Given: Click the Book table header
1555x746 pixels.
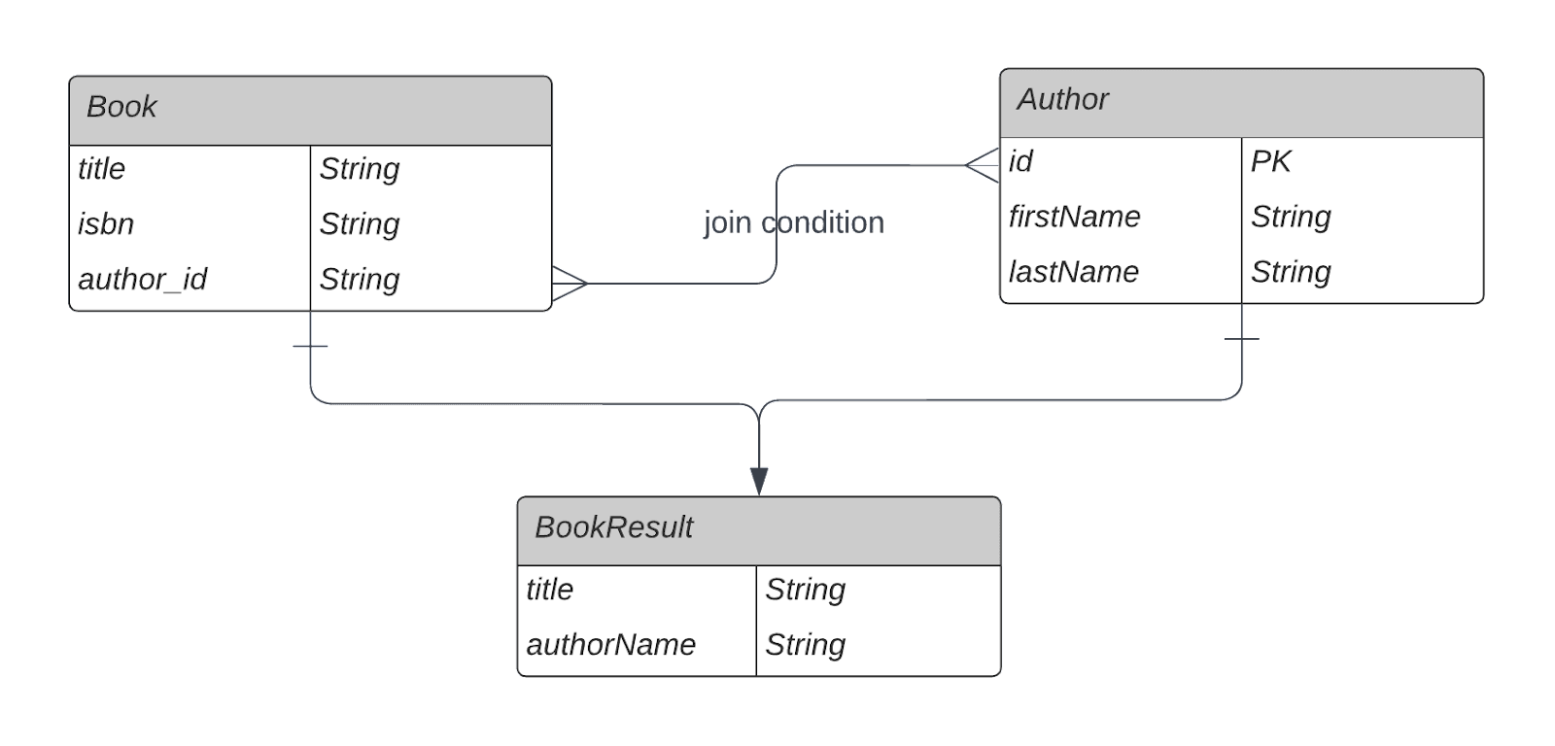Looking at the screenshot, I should [121, 107].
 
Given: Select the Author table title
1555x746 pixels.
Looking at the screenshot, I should [1062, 99].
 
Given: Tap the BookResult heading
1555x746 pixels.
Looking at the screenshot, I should [613, 527].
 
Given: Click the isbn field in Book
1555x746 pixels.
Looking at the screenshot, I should [106, 224].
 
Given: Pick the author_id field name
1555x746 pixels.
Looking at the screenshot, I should [142, 280].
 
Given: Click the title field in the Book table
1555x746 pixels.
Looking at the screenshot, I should [101, 169].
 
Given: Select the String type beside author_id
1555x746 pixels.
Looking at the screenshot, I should [360, 280].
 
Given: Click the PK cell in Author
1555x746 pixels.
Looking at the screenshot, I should [1270, 161].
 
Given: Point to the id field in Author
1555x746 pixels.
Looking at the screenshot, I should [1020, 161].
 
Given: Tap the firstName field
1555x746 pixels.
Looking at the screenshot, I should [1074, 217].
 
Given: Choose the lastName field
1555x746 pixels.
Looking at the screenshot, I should [1073, 272].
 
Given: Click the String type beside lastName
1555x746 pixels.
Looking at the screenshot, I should [1291, 272].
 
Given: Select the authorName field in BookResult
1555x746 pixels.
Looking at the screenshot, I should [610, 645].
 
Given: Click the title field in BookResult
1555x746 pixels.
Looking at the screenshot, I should [549, 590].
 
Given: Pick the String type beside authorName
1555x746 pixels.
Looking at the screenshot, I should [805, 645].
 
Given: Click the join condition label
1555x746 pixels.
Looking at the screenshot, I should [793, 222].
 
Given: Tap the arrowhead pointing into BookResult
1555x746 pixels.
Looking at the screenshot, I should [759, 480].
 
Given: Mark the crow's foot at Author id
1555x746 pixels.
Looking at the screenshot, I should [984, 166].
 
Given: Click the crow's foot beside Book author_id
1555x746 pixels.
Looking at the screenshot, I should [570, 284].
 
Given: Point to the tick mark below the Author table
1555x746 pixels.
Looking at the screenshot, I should [1241, 339].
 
